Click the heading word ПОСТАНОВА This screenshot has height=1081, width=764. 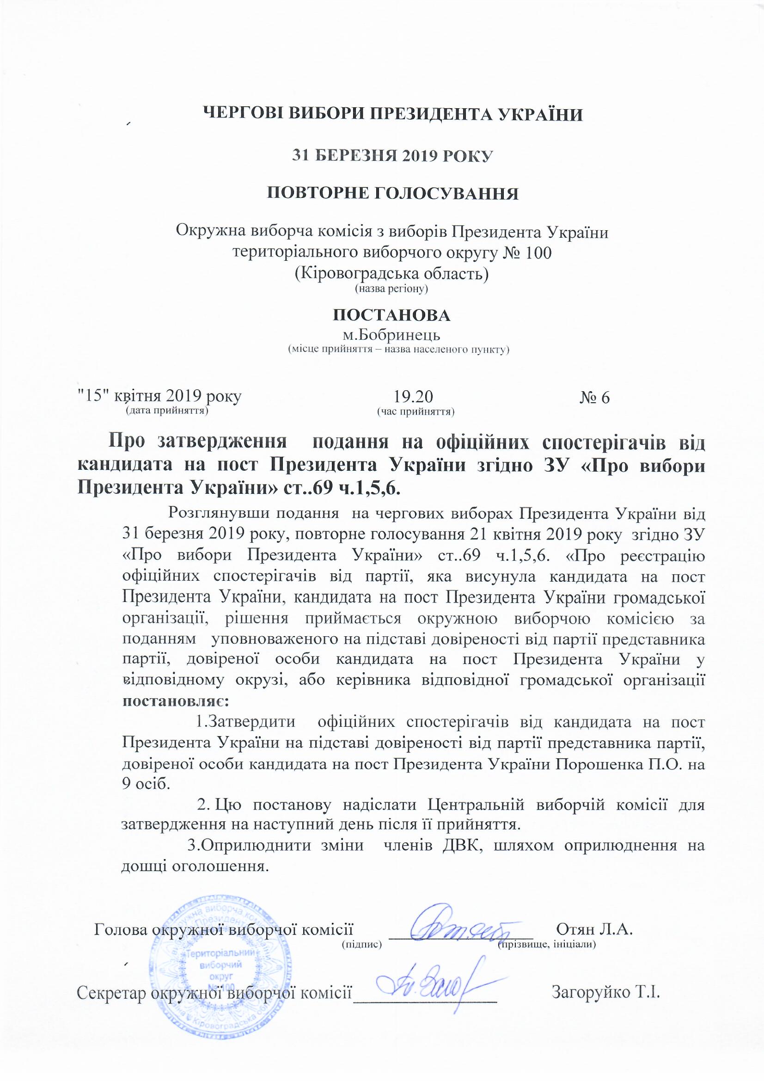[x=391, y=315]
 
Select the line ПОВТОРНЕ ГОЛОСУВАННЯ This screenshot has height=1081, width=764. [x=392, y=194]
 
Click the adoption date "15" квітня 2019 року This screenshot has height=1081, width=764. [x=159, y=396]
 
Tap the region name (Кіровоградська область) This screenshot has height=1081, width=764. [x=391, y=273]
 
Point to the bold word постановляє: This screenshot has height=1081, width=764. [x=175, y=700]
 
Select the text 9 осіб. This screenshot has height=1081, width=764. [x=145, y=785]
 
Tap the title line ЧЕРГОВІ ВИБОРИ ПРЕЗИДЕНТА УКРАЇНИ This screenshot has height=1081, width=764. [x=392, y=114]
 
